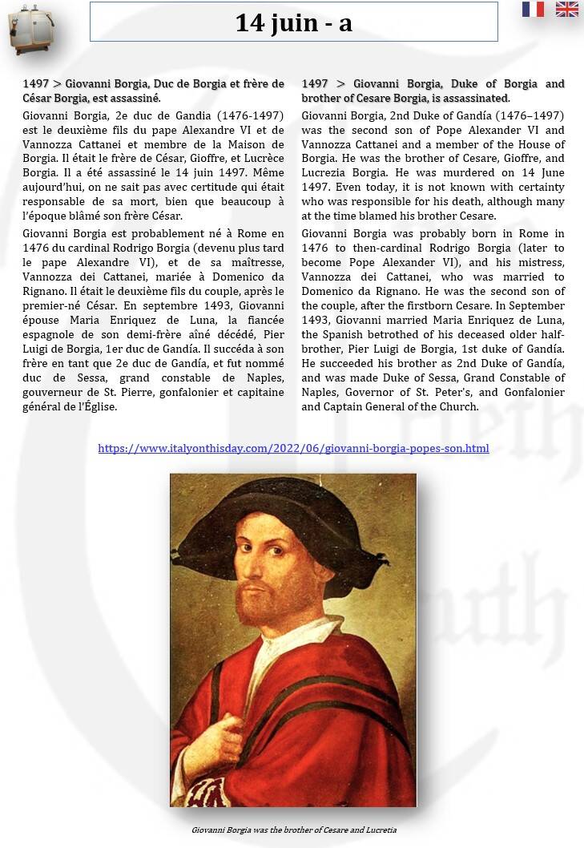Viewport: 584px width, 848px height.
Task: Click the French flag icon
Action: [x=533, y=10]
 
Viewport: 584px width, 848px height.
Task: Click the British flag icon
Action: [x=566, y=10]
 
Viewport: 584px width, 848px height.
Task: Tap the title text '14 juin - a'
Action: [x=293, y=22]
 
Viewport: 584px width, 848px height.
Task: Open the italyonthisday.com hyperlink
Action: [x=293, y=448]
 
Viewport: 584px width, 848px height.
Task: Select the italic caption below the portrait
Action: [x=293, y=830]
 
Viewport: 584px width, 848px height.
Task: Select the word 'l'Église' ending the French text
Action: [x=96, y=406]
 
